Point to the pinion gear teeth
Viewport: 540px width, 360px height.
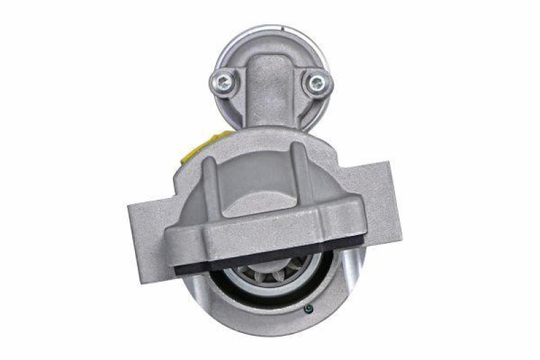pos(269,281)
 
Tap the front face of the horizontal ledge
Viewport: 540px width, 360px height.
pos(270,240)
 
